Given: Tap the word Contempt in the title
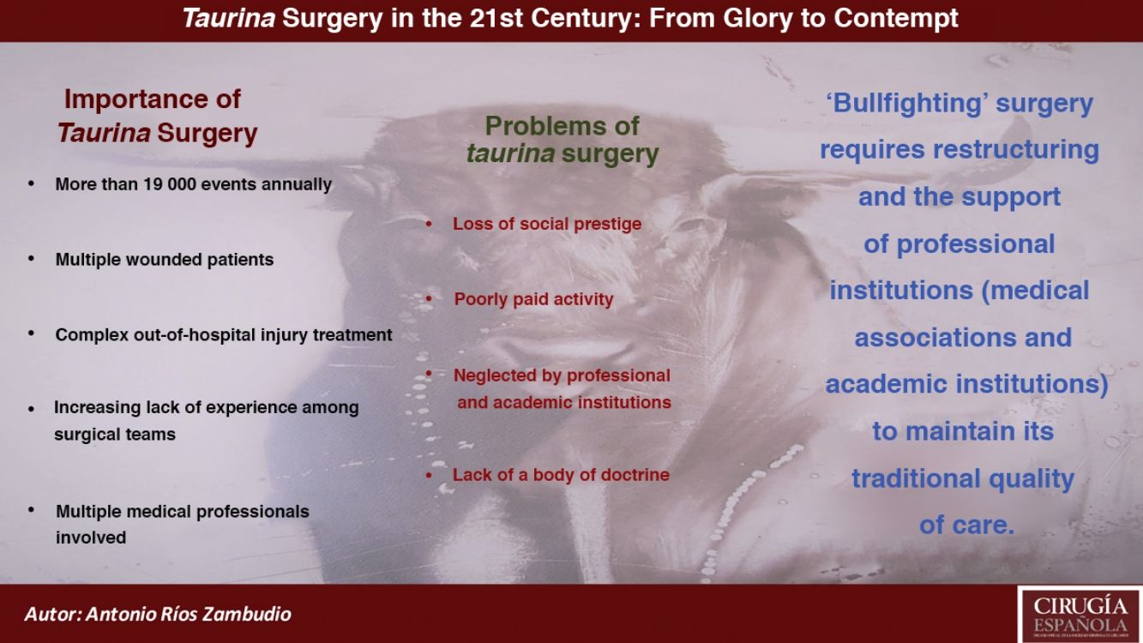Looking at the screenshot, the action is (896, 19).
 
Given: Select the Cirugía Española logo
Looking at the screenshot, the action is (1080, 615).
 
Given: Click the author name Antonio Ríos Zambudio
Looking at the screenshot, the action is (189, 614).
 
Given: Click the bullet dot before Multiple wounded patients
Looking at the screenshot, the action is (31, 259).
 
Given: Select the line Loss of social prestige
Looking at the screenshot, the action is (547, 224).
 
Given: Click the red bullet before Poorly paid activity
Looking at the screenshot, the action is (429, 299).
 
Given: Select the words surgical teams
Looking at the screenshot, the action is (115, 435).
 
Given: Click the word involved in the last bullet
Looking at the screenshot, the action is (91, 538).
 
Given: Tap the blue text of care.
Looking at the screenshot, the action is (967, 525).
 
